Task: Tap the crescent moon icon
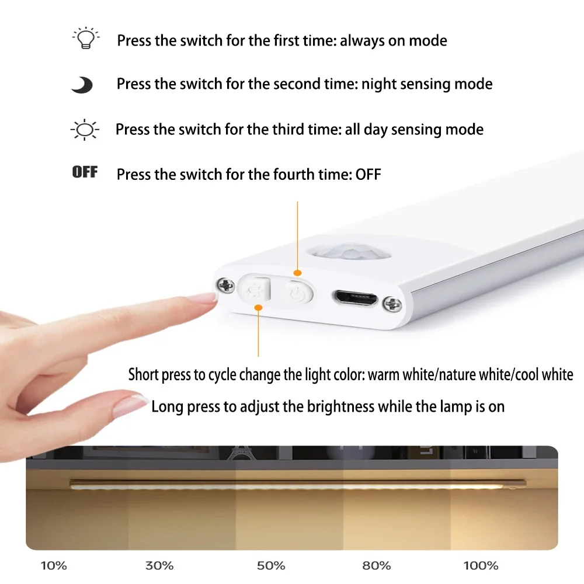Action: pos(83,85)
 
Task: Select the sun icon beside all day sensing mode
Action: pos(85,130)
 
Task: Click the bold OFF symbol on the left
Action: pos(85,172)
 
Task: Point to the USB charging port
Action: pos(355,298)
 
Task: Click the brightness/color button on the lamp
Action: pos(255,288)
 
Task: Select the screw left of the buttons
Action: pos(225,286)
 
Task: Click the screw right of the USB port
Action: pos(392,304)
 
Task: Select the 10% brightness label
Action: pos(54,566)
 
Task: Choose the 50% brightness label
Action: pos(271,566)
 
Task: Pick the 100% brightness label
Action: pos(481,566)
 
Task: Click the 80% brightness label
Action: pos(377,566)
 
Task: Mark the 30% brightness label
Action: pos(159,566)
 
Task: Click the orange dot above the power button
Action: pos(297,273)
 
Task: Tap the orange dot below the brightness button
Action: pos(258,307)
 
